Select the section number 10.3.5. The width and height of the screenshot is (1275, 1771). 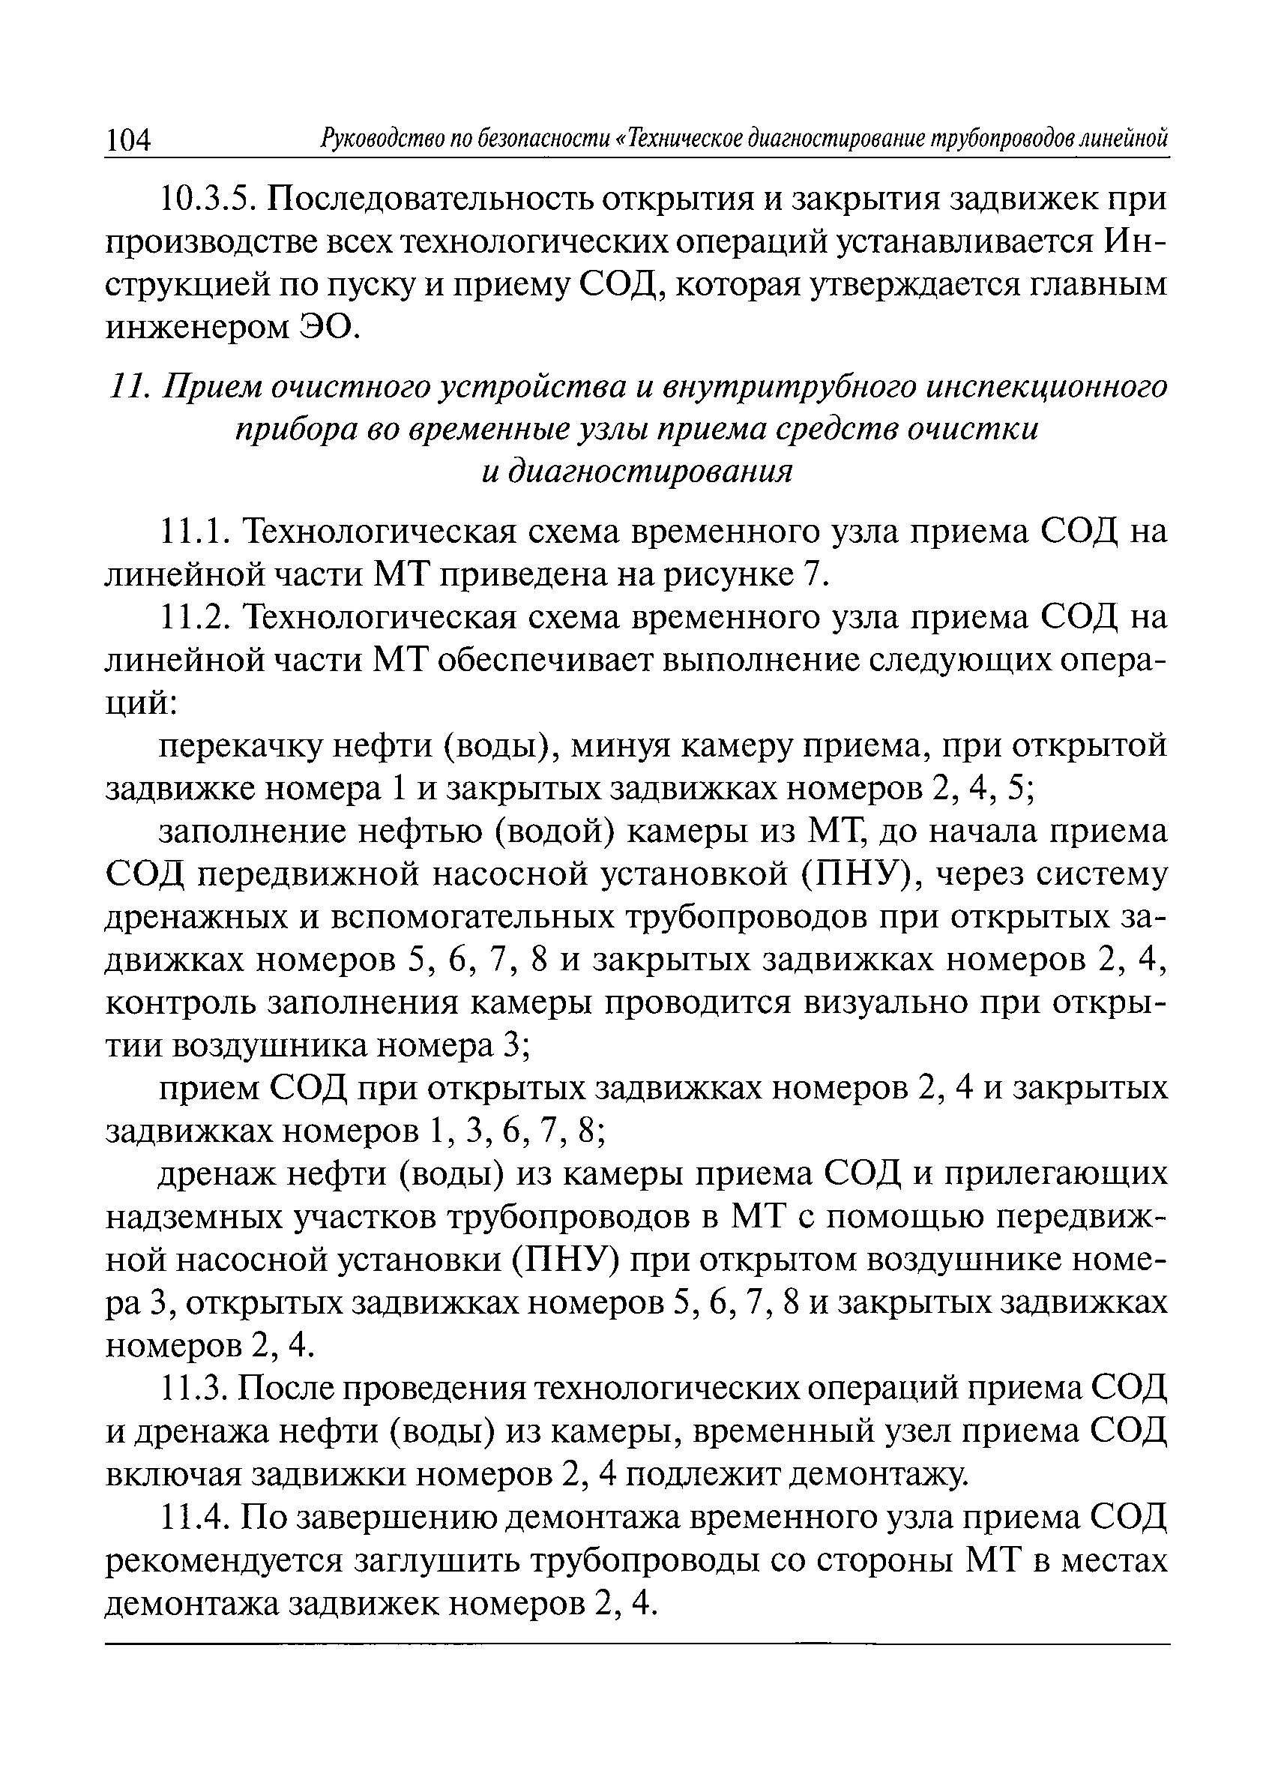coord(208,201)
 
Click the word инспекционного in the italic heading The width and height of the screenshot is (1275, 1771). coord(1046,388)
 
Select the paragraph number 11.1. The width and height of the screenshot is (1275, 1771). coord(194,533)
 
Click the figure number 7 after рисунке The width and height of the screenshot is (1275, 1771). coord(810,577)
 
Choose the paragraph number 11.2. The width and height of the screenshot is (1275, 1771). coord(196,619)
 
